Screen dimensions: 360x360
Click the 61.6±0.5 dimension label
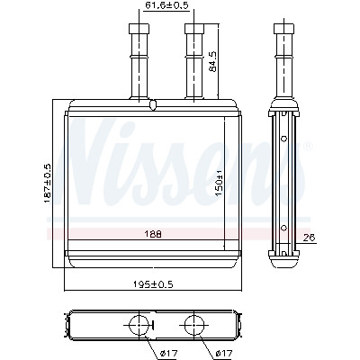click(166, 6)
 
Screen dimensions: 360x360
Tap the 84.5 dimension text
click(212, 62)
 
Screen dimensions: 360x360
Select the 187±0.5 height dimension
click(48, 184)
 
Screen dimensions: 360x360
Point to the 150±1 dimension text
click(220, 183)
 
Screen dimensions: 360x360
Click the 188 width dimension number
click(154, 234)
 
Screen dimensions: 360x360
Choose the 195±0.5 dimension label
click(153, 283)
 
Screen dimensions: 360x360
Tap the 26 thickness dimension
click(310, 238)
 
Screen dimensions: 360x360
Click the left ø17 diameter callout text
click(168, 354)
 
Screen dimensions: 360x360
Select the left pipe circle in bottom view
click(139, 325)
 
